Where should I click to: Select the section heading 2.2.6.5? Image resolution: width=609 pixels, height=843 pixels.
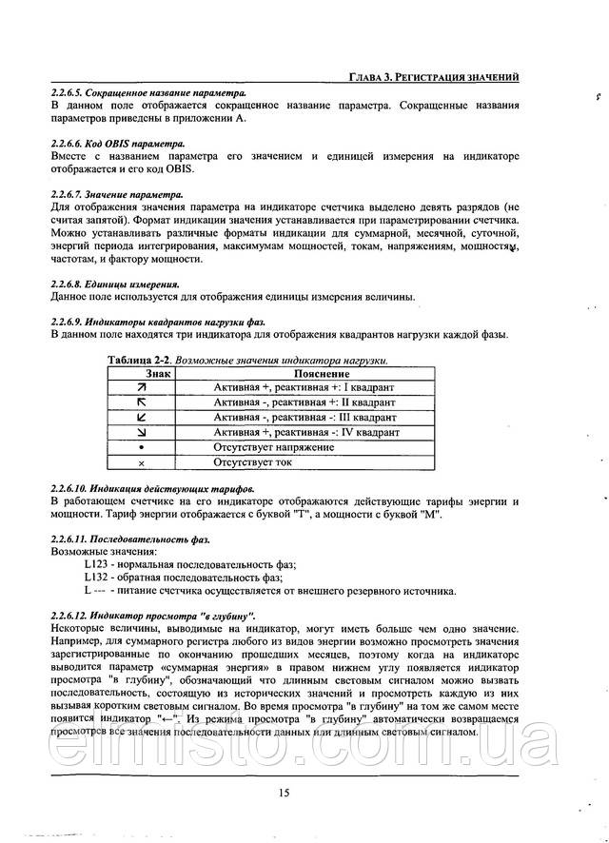147,93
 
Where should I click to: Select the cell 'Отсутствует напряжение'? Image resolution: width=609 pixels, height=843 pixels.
273,447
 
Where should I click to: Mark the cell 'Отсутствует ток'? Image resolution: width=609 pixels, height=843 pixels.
252,462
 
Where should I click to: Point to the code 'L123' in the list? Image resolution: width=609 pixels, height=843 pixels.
98,565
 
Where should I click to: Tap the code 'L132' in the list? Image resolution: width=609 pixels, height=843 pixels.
98,578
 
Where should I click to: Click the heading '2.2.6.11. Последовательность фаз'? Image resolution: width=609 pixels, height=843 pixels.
129,539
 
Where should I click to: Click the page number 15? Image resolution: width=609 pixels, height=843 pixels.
285,794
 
